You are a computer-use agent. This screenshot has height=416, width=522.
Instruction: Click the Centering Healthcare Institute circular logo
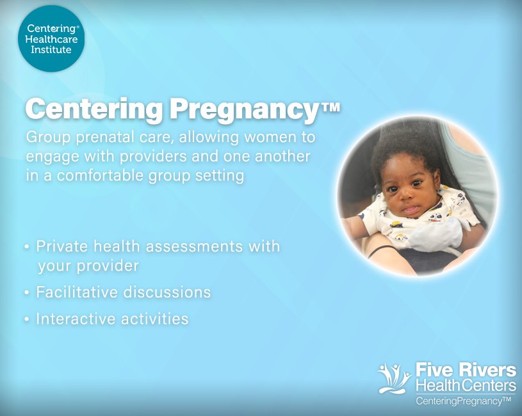[51, 38]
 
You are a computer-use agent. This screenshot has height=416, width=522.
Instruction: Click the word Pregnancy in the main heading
[245, 109]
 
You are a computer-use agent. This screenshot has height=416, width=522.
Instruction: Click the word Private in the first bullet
[61, 246]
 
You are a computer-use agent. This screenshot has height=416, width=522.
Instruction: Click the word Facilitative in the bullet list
[76, 292]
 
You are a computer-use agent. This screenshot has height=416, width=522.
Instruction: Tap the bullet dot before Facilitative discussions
[26, 293]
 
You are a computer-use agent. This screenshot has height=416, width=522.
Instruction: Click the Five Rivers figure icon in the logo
[393, 378]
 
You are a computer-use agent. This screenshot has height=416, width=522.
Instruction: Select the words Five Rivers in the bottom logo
[466, 370]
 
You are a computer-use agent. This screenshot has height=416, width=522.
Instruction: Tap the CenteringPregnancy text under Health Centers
[463, 401]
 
